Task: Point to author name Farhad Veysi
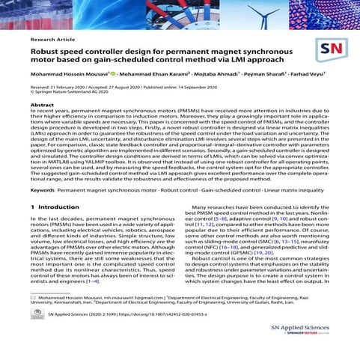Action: click(311, 76)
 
